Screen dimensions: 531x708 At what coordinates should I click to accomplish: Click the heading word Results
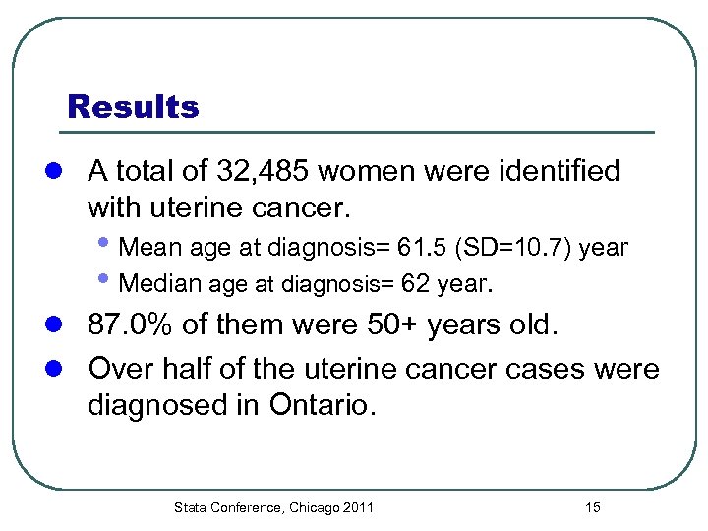tap(133, 106)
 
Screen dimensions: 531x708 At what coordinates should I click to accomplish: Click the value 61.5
tap(432, 247)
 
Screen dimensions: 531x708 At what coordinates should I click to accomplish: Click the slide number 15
tap(592, 507)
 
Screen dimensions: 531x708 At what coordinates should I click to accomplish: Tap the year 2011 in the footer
tap(359, 507)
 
